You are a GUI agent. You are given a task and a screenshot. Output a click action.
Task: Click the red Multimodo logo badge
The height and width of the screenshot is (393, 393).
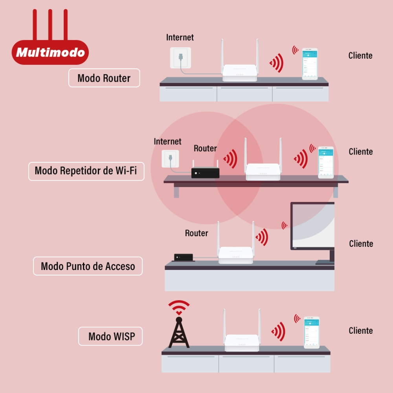pos(50,52)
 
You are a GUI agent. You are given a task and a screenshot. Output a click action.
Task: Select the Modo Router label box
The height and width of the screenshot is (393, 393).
pos(104,78)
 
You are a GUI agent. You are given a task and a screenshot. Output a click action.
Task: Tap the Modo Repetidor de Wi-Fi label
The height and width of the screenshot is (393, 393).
pos(86,171)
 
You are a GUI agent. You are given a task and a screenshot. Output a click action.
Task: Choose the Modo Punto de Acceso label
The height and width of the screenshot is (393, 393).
pos(88,266)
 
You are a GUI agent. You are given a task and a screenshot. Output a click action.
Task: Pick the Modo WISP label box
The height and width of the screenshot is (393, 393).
pos(110,336)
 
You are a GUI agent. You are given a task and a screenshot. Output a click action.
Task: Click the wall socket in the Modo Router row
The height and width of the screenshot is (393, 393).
pos(180,57)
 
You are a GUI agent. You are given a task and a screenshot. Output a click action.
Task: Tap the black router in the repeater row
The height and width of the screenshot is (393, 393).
pos(205,173)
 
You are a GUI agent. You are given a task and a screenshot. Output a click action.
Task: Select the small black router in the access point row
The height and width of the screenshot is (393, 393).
pos(184,257)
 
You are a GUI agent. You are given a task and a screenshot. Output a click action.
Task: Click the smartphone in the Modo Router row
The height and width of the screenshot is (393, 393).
pos(310,64)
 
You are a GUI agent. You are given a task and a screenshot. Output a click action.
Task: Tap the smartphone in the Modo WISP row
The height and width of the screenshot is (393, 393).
pos(312,332)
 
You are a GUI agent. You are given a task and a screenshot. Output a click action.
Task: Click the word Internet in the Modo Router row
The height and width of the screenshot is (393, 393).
pos(180,37)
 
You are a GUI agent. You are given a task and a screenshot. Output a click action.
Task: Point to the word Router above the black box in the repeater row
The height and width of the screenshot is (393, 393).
pos(205,149)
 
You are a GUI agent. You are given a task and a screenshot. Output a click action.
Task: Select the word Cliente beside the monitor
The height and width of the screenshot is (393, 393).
pos(361,244)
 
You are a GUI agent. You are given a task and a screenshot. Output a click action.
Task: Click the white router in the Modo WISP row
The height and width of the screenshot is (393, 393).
pos(242,342)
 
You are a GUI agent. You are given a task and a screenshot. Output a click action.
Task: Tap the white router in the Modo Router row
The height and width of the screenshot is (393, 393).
pos(240,72)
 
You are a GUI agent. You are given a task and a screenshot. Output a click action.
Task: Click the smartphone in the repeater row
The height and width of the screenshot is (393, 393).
pos(326,162)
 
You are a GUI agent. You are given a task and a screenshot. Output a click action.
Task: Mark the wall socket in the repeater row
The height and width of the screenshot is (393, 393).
pos(169,158)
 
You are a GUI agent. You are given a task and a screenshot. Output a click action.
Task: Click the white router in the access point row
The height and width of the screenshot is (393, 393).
pos(235,255)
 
